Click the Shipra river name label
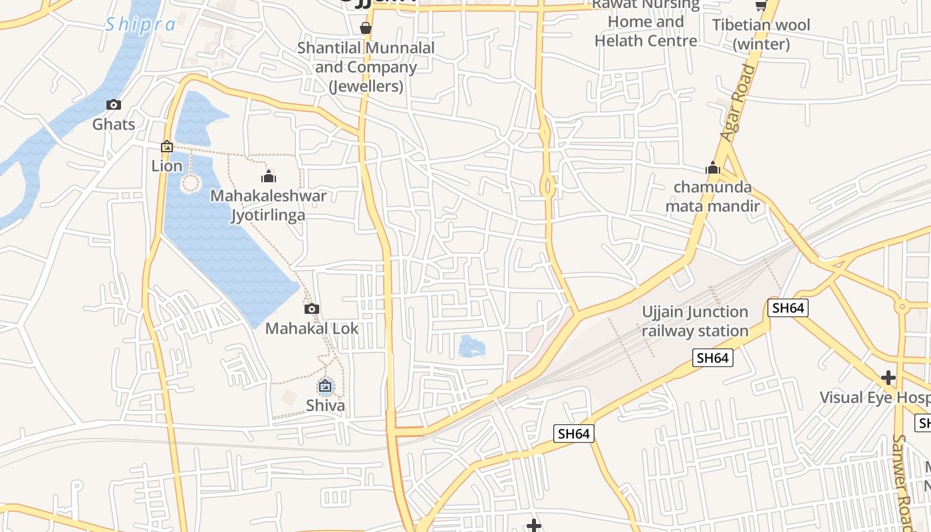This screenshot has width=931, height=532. (x=140, y=25)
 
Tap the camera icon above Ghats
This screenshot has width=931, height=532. (x=114, y=105)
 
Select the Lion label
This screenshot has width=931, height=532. (x=167, y=166)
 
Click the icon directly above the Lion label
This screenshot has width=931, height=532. (x=167, y=146)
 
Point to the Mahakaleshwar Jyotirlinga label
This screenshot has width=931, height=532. (x=269, y=205)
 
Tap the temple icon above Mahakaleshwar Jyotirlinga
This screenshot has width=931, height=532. (x=269, y=176)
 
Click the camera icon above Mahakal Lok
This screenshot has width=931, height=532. (x=312, y=309)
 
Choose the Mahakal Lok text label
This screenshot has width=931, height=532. (x=312, y=329)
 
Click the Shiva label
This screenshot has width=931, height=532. (x=325, y=405)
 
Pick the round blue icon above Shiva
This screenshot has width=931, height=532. (x=325, y=386)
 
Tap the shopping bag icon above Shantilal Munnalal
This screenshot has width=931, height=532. (x=365, y=28)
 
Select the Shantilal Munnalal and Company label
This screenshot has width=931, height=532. (x=366, y=67)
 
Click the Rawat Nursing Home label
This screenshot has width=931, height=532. (x=646, y=23)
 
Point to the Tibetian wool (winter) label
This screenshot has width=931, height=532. (x=761, y=35)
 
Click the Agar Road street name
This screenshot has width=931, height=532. (x=739, y=102)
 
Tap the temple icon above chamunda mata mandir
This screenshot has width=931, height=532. (x=713, y=168)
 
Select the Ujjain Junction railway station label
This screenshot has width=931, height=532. (x=695, y=321)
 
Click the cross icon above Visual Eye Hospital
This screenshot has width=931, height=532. (x=888, y=378)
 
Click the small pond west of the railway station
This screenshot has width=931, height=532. (x=471, y=346)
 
